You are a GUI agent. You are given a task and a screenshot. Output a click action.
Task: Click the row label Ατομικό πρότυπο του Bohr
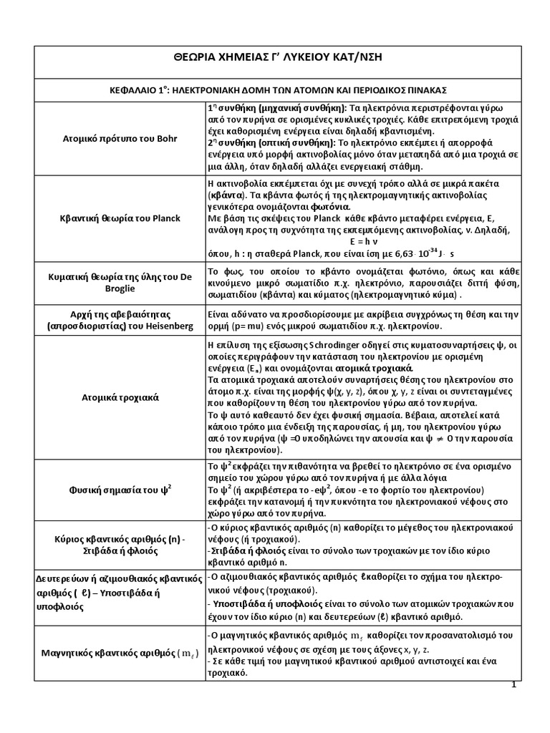point(120,138)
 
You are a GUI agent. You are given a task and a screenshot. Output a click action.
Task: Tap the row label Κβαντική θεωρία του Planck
point(120,218)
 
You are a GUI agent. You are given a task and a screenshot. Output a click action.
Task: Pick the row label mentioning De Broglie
point(120,283)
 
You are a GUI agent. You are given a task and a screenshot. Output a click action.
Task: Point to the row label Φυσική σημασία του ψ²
point(120,490)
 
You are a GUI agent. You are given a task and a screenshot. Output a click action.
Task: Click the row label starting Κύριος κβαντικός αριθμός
point(120,543)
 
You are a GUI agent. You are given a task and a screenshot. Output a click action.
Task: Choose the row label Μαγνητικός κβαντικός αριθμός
point(120,652)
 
